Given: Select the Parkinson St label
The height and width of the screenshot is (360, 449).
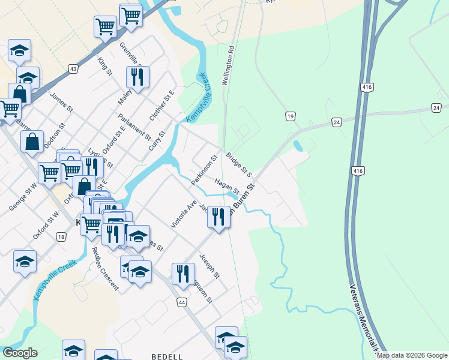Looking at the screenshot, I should tap(203, 170).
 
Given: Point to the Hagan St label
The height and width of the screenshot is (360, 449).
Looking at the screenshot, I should tap(226, 187).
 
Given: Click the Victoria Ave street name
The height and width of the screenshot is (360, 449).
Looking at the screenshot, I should tap(184, 214).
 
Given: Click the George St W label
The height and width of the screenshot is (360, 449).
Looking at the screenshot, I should tap(23, 197).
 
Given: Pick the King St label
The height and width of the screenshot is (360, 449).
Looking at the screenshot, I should tap(105, 65).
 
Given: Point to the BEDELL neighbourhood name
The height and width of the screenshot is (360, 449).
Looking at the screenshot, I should tap(167, 356).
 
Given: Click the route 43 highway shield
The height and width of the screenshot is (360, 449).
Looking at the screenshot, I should tap(73, 69).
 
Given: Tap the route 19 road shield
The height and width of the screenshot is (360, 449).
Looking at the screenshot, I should tap(291, 116).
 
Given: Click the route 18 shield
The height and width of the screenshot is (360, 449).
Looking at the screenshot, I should tap(61, 237).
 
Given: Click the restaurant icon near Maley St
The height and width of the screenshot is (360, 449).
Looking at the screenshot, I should tap(137, 77).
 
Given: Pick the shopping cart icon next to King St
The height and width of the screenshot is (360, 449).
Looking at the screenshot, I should tap(105, 26).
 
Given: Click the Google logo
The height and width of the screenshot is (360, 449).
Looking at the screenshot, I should tap(20, 353).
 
